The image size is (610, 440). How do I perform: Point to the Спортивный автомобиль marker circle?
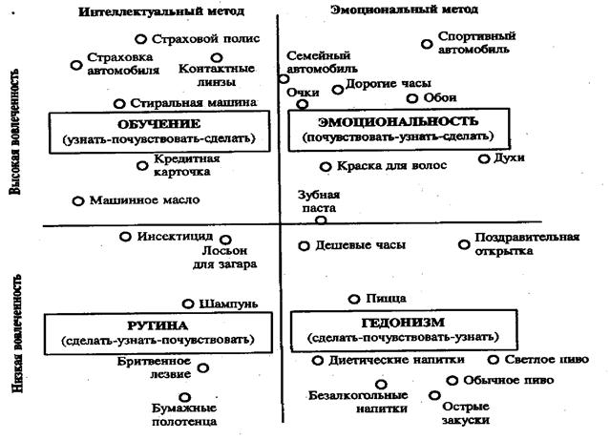(427, 44)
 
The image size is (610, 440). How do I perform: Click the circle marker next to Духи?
(484, 158)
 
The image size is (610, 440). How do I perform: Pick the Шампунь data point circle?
(188, 303)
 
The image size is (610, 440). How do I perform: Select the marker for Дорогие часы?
(338, 90)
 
